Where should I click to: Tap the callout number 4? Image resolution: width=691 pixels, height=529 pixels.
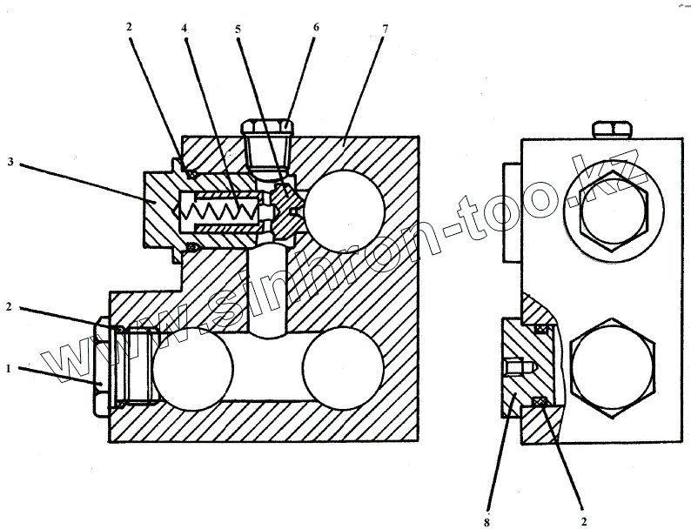tap(184, 28)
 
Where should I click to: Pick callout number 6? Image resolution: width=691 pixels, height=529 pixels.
tap(316, 27)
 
